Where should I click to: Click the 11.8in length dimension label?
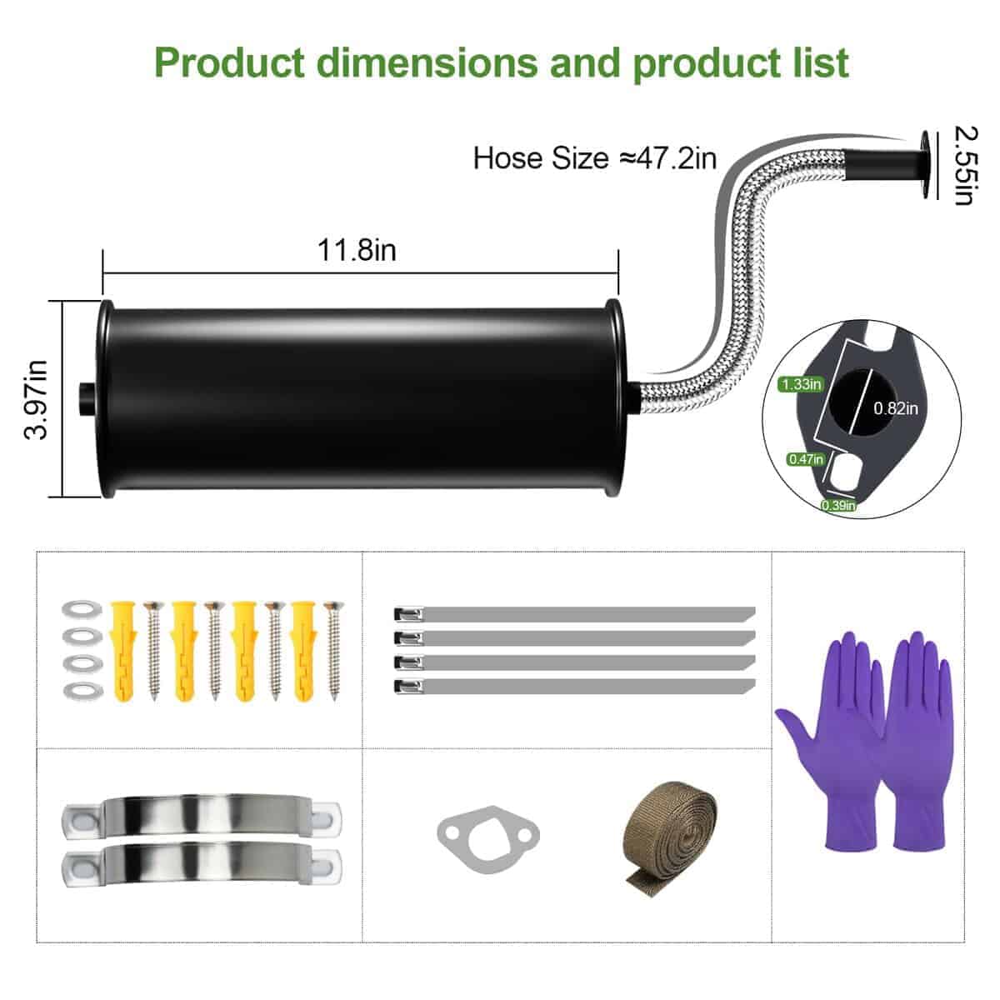pos(357,251)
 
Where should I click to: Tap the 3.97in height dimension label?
pos(37,400)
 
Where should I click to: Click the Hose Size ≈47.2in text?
pos(595,157)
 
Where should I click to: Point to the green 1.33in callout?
pos(801,384)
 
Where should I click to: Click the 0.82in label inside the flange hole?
pos(896,408)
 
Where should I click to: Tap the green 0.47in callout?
pos(805,459)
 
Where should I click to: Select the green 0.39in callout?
pos(837,505)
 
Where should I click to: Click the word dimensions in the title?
pos(428,63)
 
